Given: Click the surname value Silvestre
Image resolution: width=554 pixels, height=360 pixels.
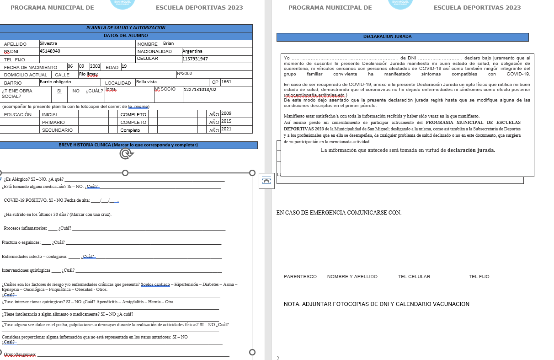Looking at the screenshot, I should point(48,43).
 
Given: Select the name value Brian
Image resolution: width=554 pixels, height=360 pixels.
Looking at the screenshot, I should point(169,43).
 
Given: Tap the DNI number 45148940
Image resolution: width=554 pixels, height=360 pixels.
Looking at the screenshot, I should point(50,51).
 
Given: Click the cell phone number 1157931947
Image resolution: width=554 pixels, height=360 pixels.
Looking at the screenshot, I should point(195,59).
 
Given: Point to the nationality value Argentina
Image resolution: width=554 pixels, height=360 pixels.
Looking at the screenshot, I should point(192,51).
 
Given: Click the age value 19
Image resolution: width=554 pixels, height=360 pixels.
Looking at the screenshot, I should point(124,66).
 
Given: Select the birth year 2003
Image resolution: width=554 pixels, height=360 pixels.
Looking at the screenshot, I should point(95,66).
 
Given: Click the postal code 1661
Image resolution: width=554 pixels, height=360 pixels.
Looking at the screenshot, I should point(226,82).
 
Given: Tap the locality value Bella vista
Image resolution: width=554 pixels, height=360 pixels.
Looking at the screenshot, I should point(146,82).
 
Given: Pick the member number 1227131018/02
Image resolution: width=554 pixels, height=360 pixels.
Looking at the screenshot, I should point(200,89).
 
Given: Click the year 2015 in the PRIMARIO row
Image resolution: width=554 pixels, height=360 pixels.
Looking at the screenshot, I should point(226,121).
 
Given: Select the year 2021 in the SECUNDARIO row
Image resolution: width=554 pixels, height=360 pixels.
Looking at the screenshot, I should point(226,129).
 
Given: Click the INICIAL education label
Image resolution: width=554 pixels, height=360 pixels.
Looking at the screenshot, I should point(50,114).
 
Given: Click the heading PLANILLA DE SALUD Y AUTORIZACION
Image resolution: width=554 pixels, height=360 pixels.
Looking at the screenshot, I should point(126,28).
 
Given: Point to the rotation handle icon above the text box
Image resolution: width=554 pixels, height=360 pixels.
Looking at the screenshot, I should point(126,154).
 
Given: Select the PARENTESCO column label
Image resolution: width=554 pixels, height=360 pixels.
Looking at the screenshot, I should point(300,277).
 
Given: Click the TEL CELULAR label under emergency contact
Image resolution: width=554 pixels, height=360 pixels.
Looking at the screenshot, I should point(414,277).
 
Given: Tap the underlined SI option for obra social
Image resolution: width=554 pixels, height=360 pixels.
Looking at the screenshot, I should point(59,91).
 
